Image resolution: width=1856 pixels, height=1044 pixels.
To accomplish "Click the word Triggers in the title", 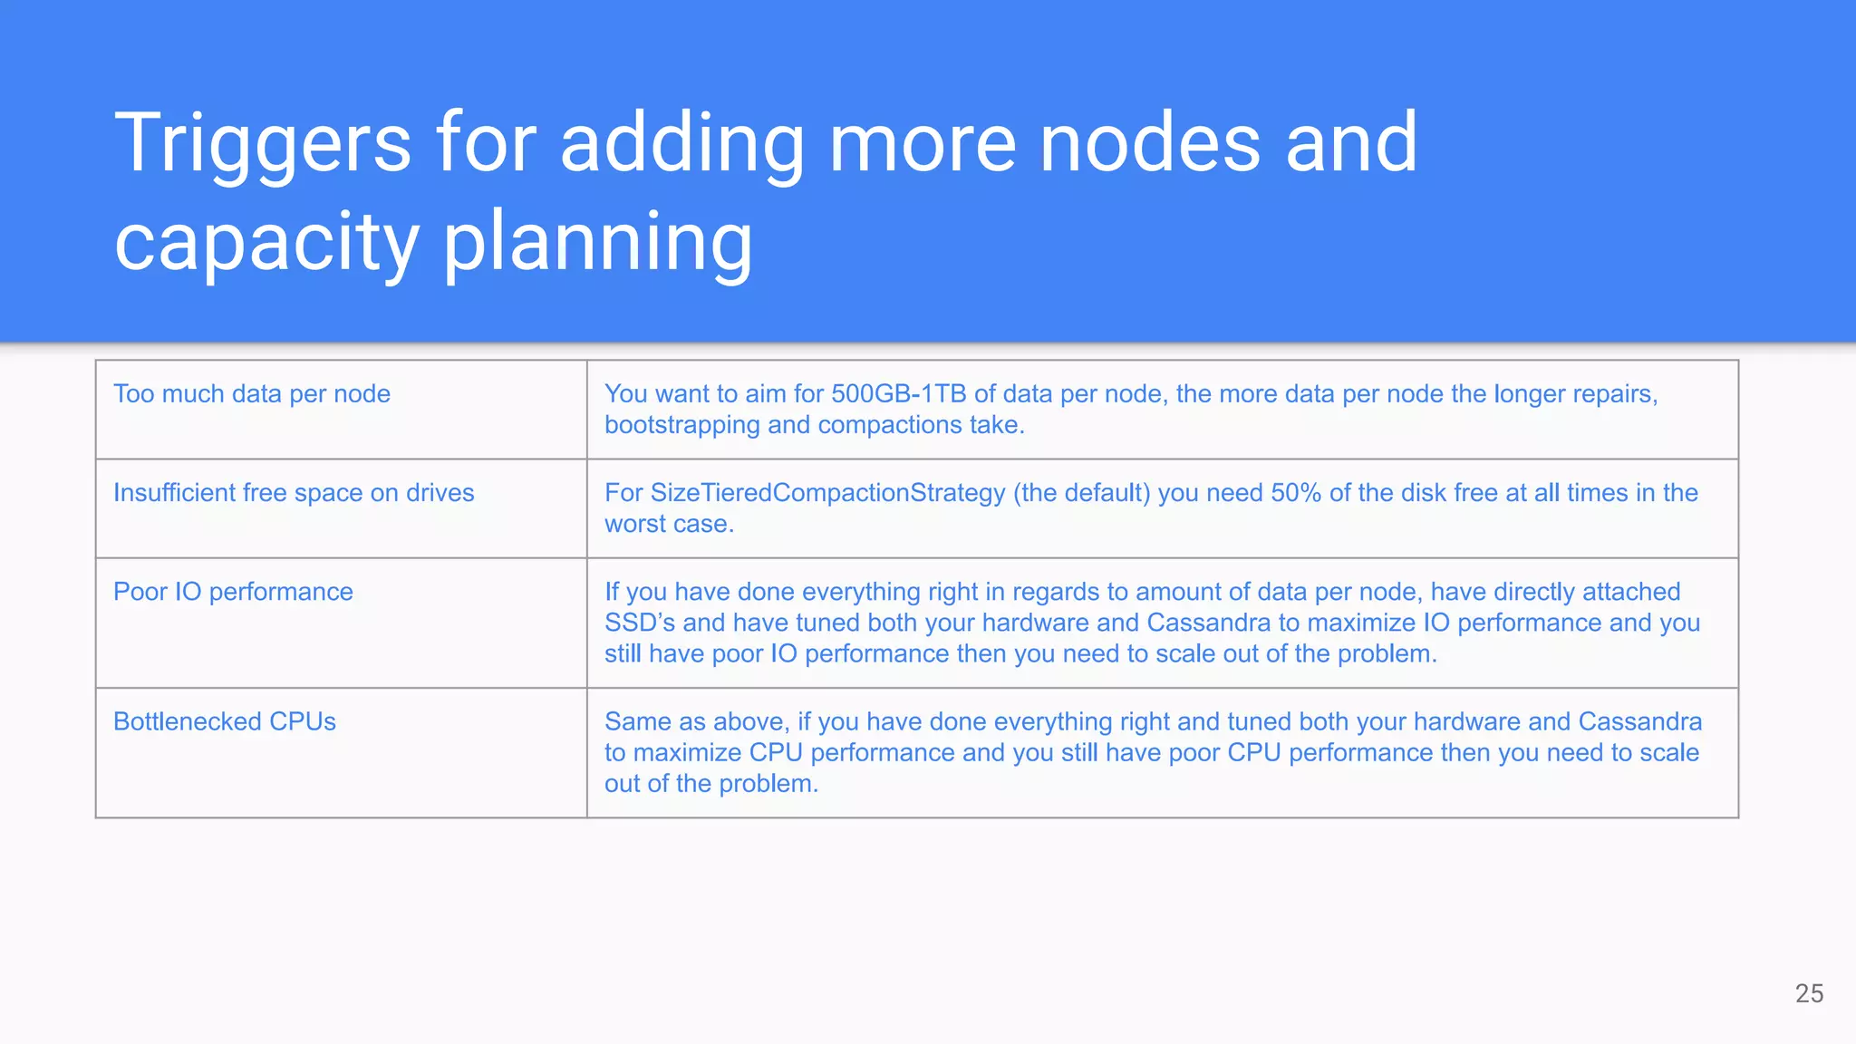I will tap(263, 143).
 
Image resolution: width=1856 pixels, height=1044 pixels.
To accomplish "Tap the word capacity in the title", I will tap(266, 243).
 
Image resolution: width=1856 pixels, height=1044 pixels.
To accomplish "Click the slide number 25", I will tap(1809, 993).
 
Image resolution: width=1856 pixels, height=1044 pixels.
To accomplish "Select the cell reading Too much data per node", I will tap(252, 394).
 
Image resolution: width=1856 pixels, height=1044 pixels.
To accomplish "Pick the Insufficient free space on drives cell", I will tap(294, 493).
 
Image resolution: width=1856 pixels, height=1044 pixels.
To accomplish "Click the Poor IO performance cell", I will tap(233, 592).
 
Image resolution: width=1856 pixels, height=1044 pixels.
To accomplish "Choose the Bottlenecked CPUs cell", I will tap(225, 721).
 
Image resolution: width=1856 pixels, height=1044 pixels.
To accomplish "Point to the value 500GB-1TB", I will tap(898, 394).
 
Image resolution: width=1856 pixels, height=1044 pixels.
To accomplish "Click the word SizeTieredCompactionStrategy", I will tap(827, 493).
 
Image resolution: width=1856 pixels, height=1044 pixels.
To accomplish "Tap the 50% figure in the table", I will tap(1296, 493).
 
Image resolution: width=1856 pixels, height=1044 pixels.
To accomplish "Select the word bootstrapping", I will tap(681, 425).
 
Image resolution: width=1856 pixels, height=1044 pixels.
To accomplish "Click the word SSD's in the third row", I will tap(640, 623).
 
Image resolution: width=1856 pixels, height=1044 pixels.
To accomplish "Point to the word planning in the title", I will tap(597, 243).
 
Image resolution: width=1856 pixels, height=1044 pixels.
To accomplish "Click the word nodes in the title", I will tap(1150, 143).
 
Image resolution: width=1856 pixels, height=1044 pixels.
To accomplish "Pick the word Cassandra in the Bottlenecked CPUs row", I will tap(1639, 721).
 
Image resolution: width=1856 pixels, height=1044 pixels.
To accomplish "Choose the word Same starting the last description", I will tap(638, 721).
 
